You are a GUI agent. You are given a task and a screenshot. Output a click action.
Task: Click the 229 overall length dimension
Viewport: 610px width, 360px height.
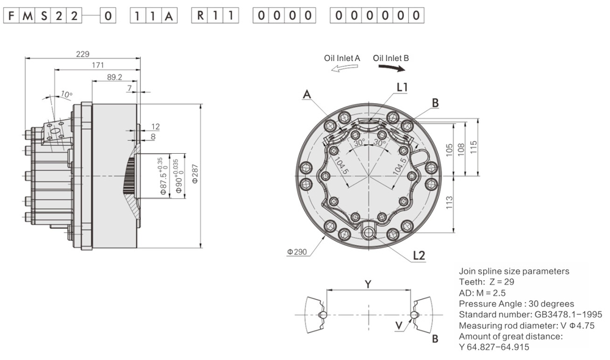coord(82,54)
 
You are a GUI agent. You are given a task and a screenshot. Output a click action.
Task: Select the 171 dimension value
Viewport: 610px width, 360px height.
coord(98,65)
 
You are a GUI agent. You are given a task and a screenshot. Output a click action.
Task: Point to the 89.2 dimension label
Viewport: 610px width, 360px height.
coord(115,77)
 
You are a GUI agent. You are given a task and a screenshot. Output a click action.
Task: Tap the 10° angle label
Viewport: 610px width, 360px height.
coord(66,94)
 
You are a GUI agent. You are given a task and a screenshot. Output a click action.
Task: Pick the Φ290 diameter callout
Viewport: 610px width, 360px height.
coord(297,252)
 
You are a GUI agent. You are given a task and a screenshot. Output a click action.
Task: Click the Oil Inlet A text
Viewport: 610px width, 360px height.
coord(342,58)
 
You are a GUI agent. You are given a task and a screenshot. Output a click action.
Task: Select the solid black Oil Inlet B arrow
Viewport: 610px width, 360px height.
coord(392,68)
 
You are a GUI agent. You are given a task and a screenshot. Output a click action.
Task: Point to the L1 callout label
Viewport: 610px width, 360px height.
coord(402,87)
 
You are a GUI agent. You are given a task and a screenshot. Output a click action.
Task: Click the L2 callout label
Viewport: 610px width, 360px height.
coord(419,255)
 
